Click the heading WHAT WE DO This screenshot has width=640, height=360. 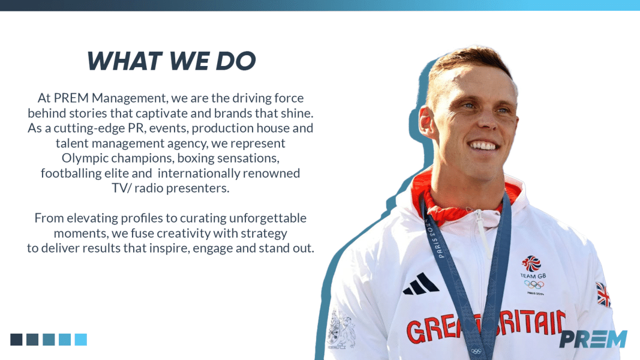171,61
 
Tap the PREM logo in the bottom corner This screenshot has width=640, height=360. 593,339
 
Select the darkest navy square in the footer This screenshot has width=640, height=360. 16,340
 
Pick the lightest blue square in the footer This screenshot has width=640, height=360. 81,340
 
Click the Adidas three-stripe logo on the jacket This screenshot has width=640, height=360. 420,284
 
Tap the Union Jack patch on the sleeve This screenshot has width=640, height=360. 603,294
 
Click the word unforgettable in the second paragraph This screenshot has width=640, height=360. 268,218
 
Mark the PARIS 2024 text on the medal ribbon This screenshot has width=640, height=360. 434,239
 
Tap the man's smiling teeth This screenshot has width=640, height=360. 483,146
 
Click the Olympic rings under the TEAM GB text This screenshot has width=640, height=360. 534,284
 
